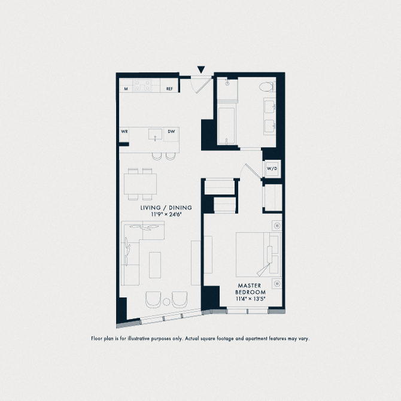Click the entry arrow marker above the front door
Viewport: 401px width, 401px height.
[x=200, y=70]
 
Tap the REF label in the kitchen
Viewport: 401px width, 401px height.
[x=169, y=89]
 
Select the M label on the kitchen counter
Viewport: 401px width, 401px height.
[x=126, y=89]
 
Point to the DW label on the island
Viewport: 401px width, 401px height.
[x=171, y=132]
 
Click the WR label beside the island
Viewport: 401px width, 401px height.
[x=124, y=132]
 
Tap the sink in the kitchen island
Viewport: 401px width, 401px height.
[x=156, y=133]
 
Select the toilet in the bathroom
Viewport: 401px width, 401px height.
[x=268, y=86]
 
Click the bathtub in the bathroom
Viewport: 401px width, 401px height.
[x=226, y=126]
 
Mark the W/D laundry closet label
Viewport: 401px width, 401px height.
[x=271, y=169]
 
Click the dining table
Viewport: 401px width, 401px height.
[x=141, y=184]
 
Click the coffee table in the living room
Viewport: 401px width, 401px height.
[x=155, y=263]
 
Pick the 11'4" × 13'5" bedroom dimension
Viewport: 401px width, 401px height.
[x=251, y=298]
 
